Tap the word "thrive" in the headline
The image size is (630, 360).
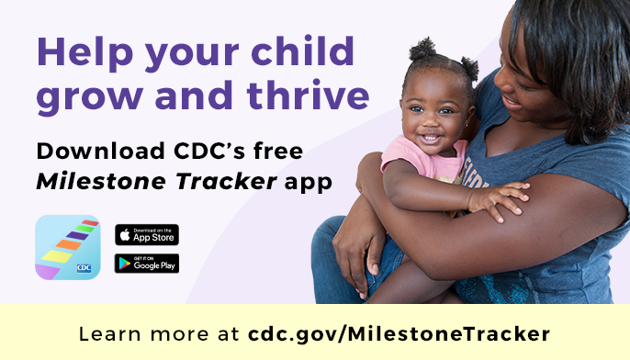tap(312, 95)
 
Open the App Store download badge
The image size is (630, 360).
tap(147, 234)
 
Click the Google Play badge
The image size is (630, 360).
tap(147, 264)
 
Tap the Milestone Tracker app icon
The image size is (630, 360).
tap(67, 247)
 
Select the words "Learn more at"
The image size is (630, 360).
tap(160, 332)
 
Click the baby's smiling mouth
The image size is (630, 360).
tap(430, 139)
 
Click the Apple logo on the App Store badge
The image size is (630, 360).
tap(123, 234)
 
